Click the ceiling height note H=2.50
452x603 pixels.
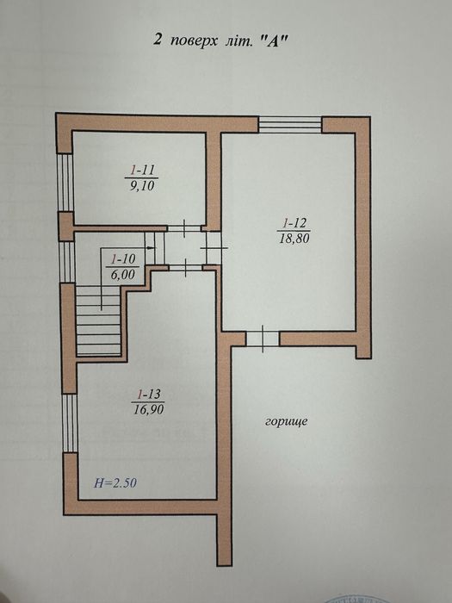point(114,483)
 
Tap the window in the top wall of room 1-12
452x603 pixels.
point(290,124)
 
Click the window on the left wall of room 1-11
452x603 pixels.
point(64,181)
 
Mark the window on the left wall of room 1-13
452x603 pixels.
point(69,422)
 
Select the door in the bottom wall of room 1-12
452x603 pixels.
point(261,338)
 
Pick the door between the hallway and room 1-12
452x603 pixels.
point(213,245)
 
